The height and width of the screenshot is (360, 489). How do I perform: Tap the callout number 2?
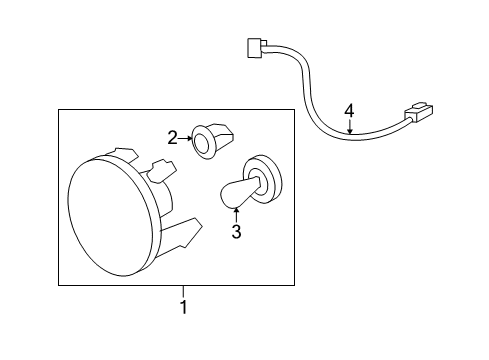pyautogui.click(x=172, y=137)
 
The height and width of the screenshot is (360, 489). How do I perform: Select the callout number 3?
pyautogui.click(x=236, y=233)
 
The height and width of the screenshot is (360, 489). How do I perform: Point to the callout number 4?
pyautogui.click(x=349, y=110)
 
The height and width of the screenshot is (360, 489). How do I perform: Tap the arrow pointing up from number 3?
pyautogui.click(x=236, y=212)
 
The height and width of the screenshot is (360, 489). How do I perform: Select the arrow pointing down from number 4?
pyautogui.click(x=349, y=126)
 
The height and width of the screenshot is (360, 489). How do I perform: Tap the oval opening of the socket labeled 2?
pyautogui.click(x=205, y=144)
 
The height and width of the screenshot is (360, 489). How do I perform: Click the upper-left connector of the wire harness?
pyautogui.click(x=255, y=47)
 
